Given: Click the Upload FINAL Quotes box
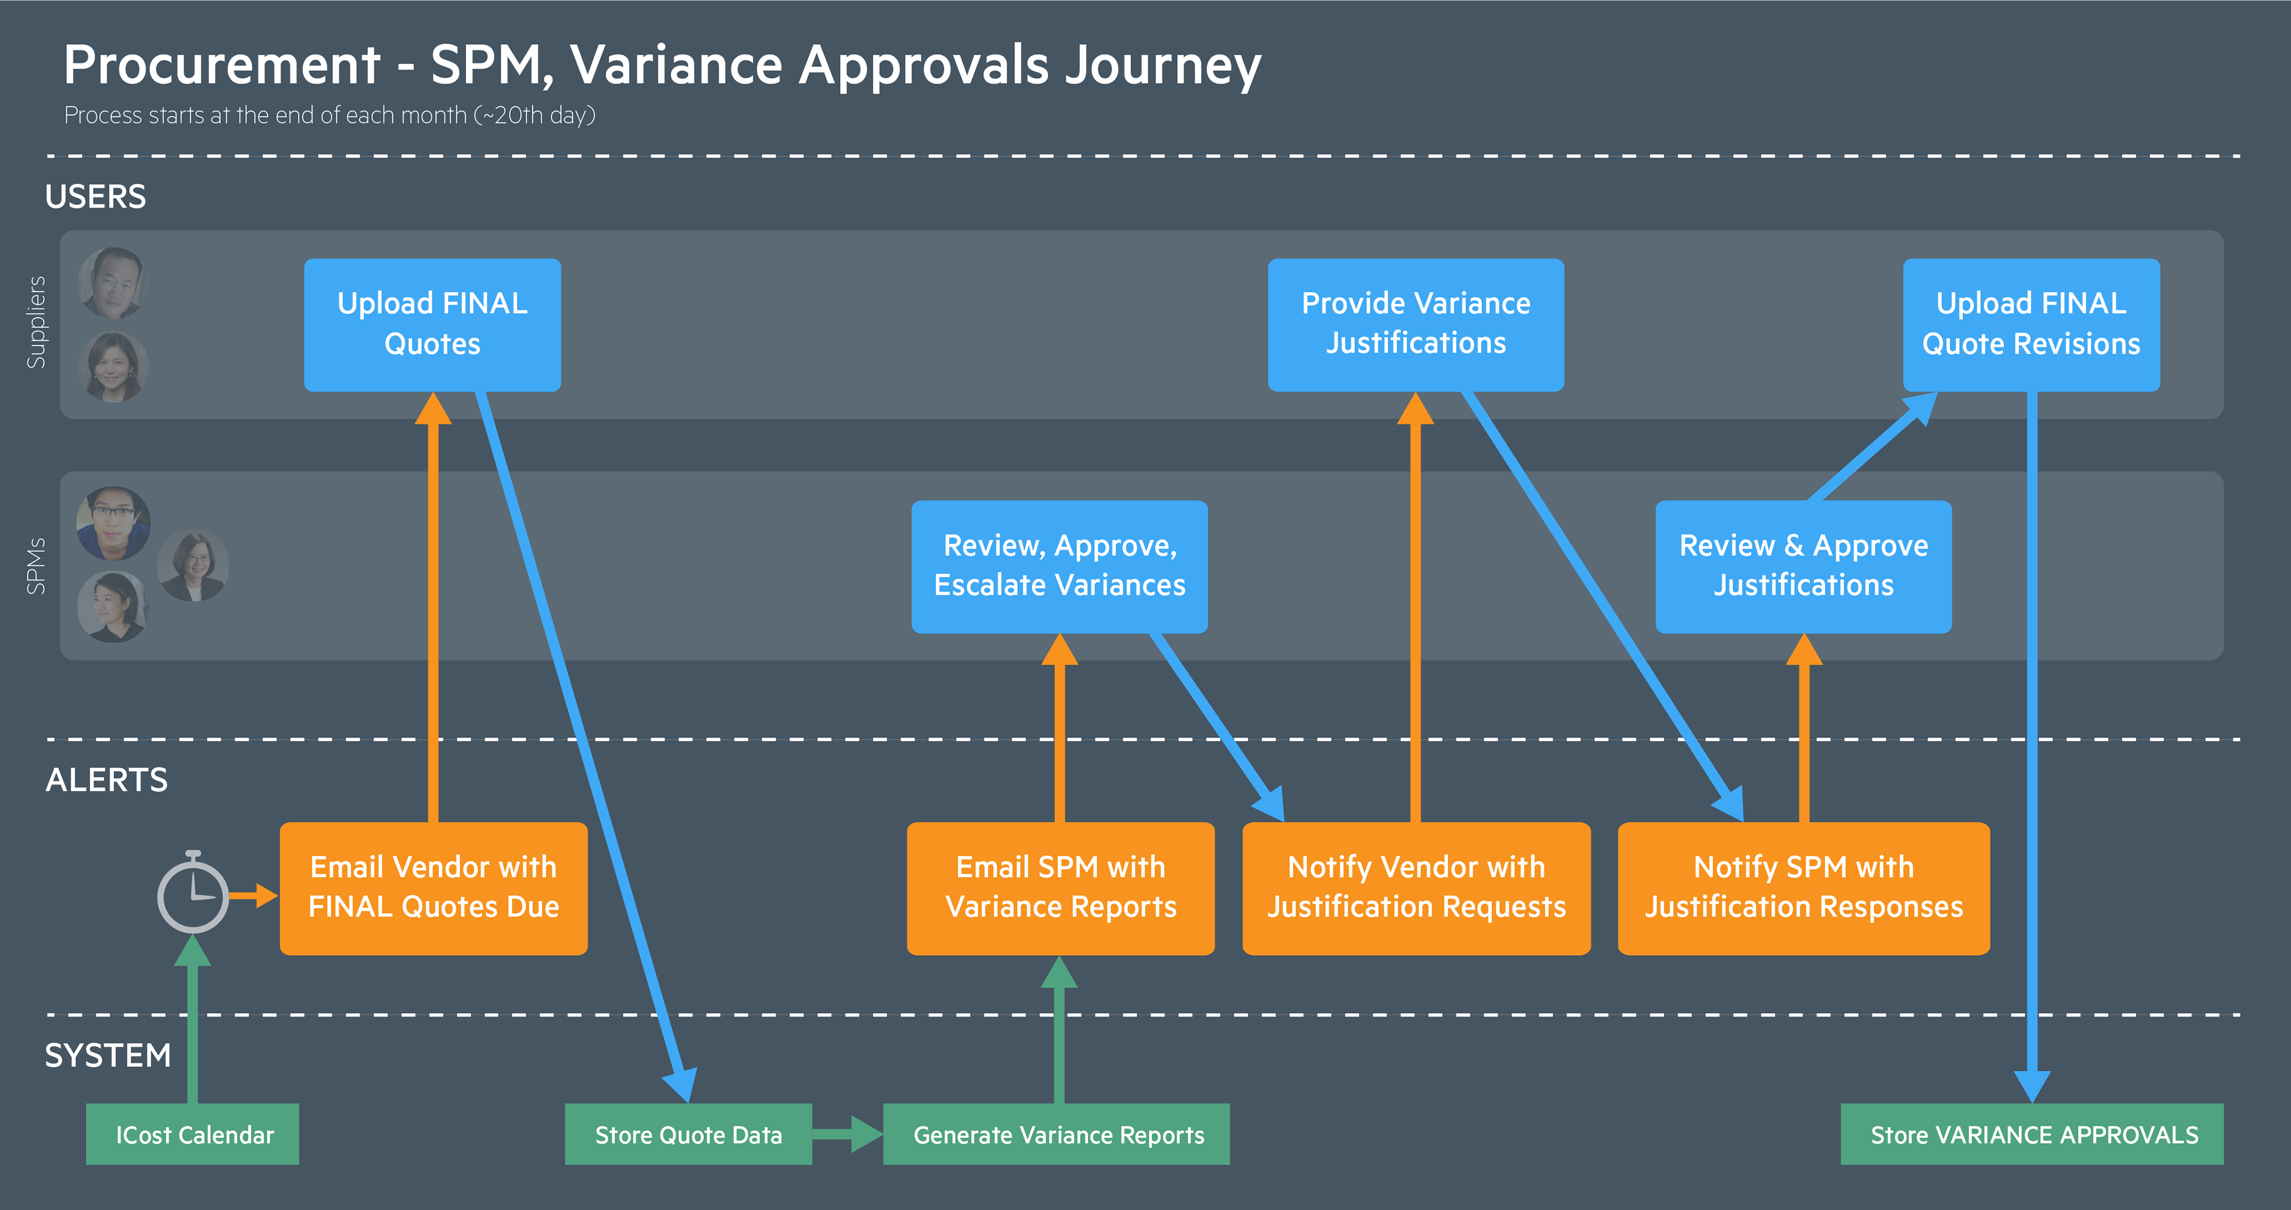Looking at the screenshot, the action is click(x=432, y=325).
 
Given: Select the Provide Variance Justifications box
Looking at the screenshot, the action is click(x=1416, y=325).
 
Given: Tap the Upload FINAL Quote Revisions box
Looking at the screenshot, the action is click(x=2031, y=325).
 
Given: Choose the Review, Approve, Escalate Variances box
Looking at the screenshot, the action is click(x=1059, y=567).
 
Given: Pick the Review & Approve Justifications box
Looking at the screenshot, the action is click(x=1804, y=567).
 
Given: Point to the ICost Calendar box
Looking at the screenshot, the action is click(x=193, y=1134).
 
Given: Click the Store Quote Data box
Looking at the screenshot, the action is click(x=688, y=1134).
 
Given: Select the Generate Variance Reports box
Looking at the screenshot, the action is click(x=1057, y=1134).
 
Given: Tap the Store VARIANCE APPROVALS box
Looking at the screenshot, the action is click(x=2032, y=1134).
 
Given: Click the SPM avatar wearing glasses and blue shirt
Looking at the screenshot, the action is click(x=113, y=523).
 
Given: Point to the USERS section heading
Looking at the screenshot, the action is click(x=95, y=197).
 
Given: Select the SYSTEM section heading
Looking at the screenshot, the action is click(x=107, y=1055).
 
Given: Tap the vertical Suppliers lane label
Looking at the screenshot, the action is click(x=36, y=322).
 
